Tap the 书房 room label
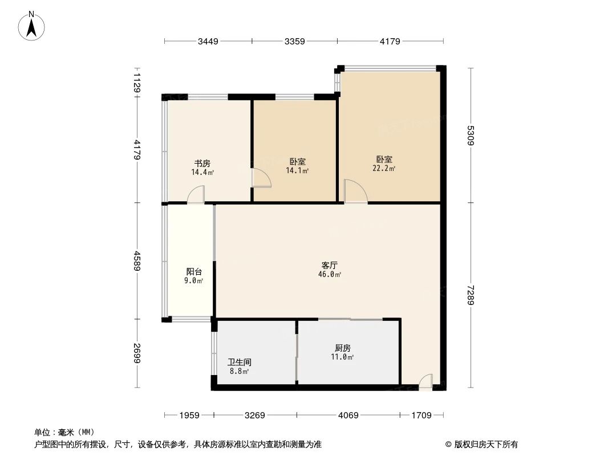(202, 163)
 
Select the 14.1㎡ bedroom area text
(297, 170)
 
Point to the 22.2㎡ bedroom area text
(384, 168)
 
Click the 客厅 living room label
(330, 266)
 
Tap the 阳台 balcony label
(194, 272)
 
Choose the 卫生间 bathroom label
(240, 362)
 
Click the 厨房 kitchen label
(342, 348)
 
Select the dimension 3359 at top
(295, 41)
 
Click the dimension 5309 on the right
(471, 135)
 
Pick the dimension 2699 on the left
(137, 353)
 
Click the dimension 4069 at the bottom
(348, 416)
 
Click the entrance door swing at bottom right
(425, 382)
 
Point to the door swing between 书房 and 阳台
(196, 195)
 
